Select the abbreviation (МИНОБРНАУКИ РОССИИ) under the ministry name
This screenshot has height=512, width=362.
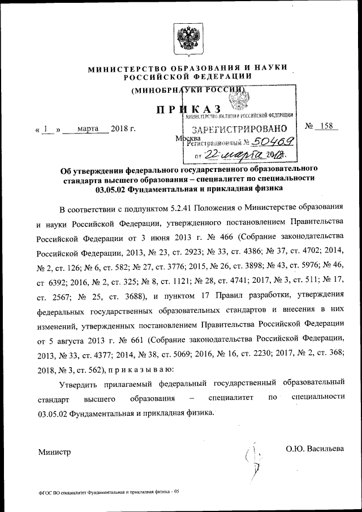(188, 91)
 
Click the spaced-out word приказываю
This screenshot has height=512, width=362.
(130, 370)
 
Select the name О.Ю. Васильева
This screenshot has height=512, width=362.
(314, 449)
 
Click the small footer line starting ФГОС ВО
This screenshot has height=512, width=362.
(109, 492)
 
